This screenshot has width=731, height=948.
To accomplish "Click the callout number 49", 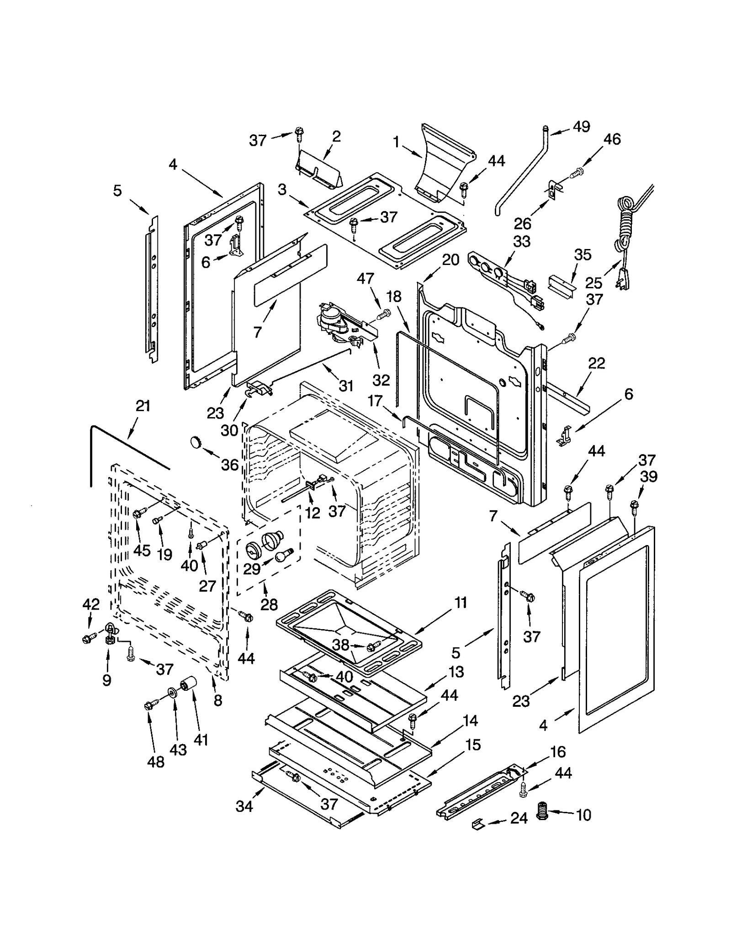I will coord(581,127).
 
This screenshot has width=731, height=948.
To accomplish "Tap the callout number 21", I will coord(143,406).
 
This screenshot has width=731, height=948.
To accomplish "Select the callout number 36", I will coord(230,465).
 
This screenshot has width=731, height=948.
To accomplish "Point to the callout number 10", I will coord(583,815).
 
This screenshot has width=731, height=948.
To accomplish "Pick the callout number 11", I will coord(461,603).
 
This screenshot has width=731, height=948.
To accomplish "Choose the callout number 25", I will coord(593,283).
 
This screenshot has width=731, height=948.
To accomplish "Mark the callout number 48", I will coord(156,761).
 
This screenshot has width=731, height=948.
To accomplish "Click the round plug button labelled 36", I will coord(196,442).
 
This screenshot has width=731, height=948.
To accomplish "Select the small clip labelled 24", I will coord(477,824).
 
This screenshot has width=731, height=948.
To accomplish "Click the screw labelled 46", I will coord(577,173).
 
